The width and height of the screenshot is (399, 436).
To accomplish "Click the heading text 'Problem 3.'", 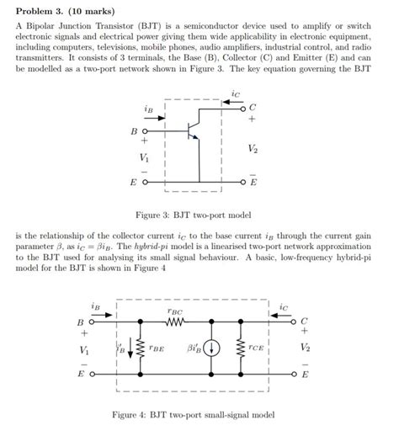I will (41, 11).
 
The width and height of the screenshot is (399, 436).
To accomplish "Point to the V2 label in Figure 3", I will (253, 148).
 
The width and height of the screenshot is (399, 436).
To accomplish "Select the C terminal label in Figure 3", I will (253, 107).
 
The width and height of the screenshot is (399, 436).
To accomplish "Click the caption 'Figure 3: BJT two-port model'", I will (199, 215).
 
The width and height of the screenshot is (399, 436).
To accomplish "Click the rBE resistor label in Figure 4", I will (157, 347).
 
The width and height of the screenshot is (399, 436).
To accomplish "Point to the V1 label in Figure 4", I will (83, 348).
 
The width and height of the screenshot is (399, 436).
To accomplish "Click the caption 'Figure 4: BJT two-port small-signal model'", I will (199, 415).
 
